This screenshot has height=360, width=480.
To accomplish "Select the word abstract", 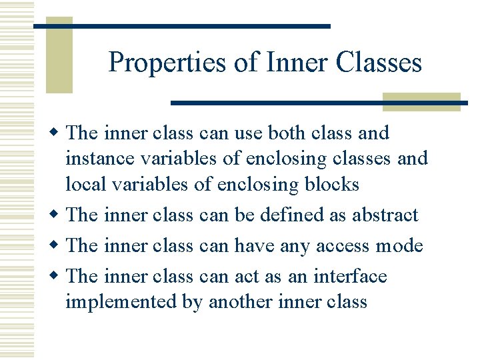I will pyautogui.click(x=385, y=215).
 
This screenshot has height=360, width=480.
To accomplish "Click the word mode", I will pyautogui.click(x=398, y=246).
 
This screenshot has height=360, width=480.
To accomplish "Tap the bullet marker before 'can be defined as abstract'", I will pyautogui.click(x=59, y=215).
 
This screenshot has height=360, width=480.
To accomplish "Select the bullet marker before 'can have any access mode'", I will pyautogui.click(x=59, y=246).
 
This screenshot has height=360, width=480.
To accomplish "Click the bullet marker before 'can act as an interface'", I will pyautogui.click(x=59, y=276).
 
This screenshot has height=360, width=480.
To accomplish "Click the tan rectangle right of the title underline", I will pyautogui.click(x=421, y=101).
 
